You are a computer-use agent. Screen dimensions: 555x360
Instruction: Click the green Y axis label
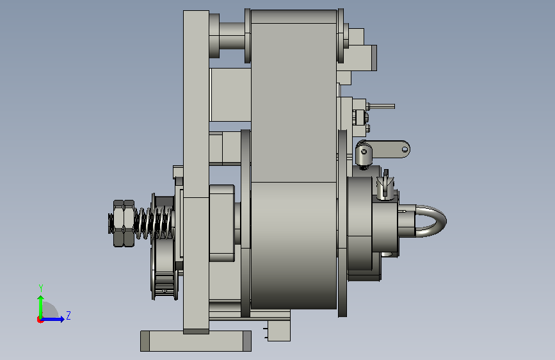41,288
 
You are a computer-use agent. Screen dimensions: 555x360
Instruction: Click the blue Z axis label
68,315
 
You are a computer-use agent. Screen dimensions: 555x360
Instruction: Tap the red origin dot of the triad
40,320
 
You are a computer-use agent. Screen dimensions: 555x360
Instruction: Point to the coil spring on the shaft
154,222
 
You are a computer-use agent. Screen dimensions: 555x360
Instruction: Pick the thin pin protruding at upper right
380,106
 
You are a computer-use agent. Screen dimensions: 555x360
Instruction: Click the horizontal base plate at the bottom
196,341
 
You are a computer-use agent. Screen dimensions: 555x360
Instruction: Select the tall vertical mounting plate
196,172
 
